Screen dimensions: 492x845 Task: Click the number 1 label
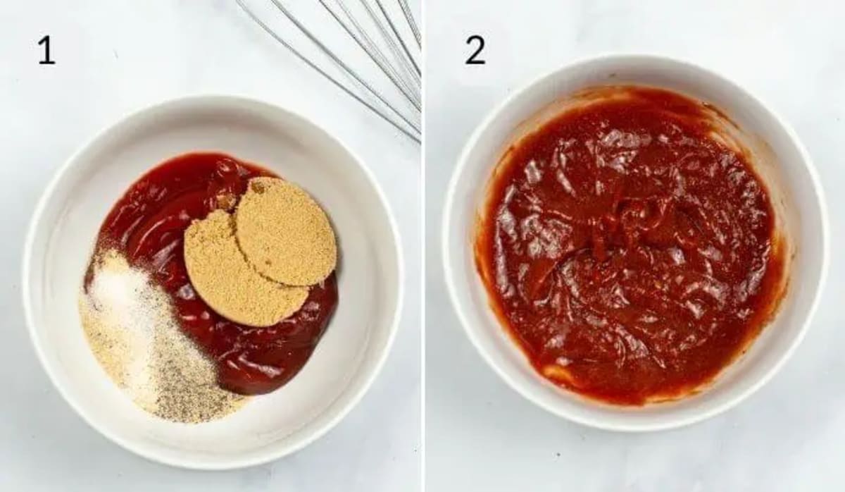(46, 51)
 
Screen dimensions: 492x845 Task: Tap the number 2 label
(475, 51)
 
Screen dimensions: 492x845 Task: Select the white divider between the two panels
(423, 246)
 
